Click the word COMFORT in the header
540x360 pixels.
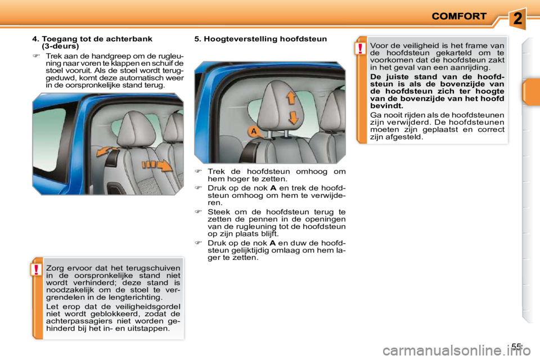[x=458, y=16]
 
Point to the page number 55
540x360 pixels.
[x=517, y=346]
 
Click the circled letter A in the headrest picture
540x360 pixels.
[x=254, y=132]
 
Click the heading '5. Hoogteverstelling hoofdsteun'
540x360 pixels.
[x=260, y=39]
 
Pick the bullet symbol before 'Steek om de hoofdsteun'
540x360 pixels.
[x=197, y=211]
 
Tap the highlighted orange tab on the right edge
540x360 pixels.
[x=530, y=92]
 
